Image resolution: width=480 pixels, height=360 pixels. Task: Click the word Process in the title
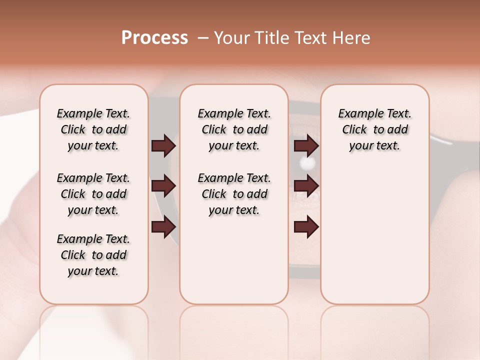154,38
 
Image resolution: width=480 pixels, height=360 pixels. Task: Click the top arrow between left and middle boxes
163,146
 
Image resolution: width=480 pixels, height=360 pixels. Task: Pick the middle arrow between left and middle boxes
163,186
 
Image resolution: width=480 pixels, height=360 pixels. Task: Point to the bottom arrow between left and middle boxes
163,226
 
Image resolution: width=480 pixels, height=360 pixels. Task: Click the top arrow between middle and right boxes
306,146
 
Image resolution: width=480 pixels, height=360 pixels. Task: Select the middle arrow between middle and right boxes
306,186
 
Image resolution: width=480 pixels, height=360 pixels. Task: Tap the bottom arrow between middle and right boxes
306,226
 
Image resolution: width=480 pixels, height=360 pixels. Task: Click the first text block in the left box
93,129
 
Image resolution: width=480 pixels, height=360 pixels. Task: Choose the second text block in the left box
93,194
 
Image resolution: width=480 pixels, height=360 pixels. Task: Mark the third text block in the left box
93,255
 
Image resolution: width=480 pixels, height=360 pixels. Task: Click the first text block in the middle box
234,129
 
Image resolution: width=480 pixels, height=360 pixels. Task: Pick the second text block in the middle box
234,194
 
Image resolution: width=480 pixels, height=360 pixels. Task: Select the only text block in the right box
375,129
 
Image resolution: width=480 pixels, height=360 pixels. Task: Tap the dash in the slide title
203,38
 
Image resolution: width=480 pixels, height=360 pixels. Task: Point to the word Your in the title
231,38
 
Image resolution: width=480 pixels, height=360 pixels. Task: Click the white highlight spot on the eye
307,163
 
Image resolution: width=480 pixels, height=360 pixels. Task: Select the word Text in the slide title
310,38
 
